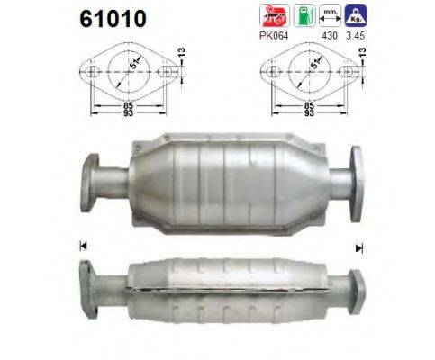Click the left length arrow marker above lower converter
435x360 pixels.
(84, 244)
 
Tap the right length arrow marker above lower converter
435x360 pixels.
(358, 247)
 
